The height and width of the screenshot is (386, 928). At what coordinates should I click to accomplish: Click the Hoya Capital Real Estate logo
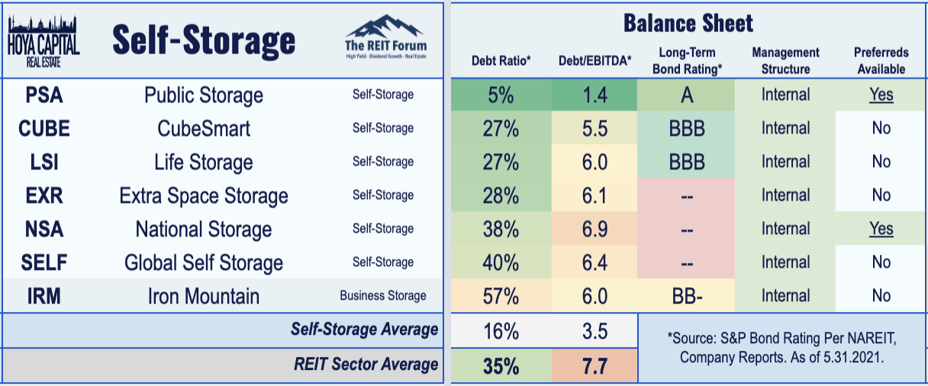[x=43, y=40]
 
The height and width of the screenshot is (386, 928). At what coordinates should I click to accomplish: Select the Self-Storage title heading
[x=204, y=40]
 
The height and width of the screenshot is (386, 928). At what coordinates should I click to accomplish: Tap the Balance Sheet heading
[x=688, y=23]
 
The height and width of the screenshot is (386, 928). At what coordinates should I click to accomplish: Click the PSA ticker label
[x=43, y=95]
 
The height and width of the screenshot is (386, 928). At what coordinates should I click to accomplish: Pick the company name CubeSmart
[x=204, y=129]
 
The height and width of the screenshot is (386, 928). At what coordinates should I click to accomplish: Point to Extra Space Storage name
[x=204, y=196]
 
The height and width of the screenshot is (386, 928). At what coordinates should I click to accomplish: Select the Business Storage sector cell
[x=383, y=296]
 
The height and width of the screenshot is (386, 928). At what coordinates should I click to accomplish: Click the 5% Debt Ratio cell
[x=501, y=95]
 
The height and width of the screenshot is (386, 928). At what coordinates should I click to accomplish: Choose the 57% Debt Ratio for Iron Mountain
[x=501, y=296]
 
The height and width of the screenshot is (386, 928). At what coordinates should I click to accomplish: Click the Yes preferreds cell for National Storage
[x=881, y=229]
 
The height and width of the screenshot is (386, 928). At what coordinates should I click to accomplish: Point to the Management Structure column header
[x=785, y=60]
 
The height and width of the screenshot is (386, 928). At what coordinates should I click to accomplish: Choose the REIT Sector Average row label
[x=366, y=365]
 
